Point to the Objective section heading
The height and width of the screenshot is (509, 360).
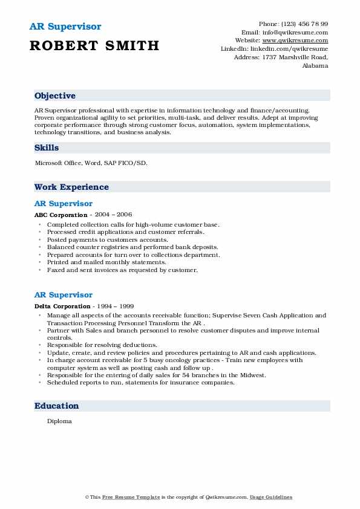55,96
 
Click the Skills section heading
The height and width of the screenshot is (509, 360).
47,148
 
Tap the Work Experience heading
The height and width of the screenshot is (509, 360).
71,187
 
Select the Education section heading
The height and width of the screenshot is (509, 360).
56,406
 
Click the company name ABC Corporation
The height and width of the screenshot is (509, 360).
61,215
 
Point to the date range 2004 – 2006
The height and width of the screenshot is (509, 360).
113,215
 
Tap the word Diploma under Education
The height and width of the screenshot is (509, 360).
59,421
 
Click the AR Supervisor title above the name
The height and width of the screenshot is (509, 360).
65,27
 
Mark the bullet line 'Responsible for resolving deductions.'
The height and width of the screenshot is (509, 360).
102,345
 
